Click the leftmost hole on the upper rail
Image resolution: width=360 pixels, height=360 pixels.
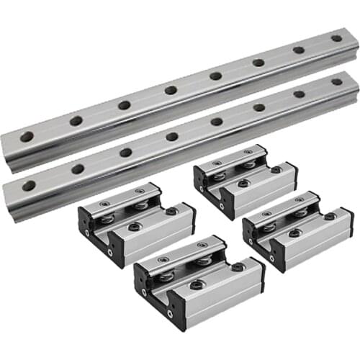27,136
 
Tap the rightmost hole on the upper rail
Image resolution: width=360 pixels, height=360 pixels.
336,38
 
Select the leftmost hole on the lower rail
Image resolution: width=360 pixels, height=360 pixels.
29,186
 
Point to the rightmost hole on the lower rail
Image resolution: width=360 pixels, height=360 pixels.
337,81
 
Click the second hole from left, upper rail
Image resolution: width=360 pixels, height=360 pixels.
76,121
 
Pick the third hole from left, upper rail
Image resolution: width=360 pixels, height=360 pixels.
125,105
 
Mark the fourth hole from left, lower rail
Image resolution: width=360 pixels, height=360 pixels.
172,136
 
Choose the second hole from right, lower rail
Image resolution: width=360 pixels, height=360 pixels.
299,94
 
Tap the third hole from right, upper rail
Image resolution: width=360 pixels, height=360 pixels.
258,63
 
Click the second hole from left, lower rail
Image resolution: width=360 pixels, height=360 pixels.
77,169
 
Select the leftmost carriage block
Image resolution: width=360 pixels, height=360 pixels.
137,222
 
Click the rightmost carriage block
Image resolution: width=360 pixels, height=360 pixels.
297,230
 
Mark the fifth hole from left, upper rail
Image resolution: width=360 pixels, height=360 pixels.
215,76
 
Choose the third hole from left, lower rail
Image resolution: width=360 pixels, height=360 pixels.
126,153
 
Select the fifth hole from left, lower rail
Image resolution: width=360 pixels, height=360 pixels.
216,121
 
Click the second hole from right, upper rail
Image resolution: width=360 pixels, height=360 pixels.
298,50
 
